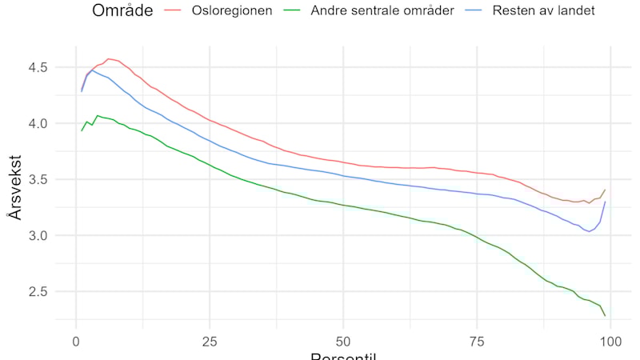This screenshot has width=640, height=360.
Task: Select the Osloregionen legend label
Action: click(x=231, y=11)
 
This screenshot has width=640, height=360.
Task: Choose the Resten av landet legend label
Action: click(x=545, y=11)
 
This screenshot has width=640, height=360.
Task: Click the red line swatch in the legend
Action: click(x=174, y=11)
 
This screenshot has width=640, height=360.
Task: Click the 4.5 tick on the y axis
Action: click(x=39, y=68)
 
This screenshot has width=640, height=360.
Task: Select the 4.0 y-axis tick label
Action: click(x=39, y=124)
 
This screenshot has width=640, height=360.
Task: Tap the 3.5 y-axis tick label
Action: click(x=39, y=180)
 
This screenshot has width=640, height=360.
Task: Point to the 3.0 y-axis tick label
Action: click(x=39, y=236)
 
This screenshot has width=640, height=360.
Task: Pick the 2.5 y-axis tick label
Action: click(x=39, y=292)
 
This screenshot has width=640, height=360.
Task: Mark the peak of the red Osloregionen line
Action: click(x=108, y=58)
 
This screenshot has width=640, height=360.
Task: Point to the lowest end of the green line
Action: click(x=605, y=315)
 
